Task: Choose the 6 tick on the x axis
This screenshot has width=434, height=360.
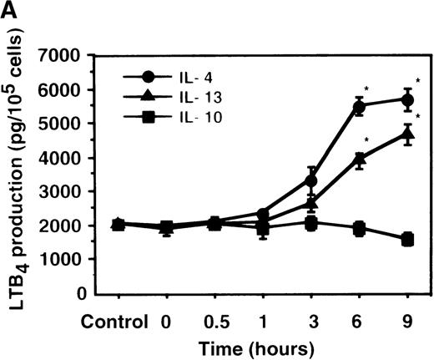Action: point(360,321)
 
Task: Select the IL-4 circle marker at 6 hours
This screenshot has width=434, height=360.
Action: point(360,106)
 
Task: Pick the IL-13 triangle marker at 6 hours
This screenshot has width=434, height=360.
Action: point(360,159)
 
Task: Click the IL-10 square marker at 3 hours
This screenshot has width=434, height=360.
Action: point(311,223)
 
